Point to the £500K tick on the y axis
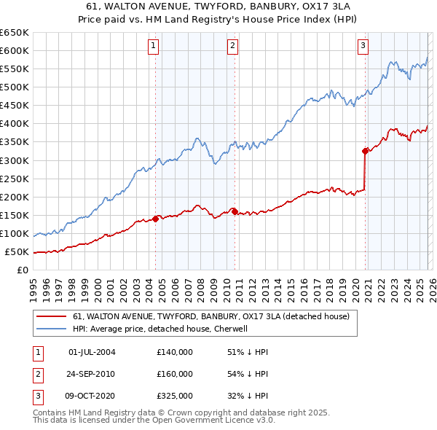point(15,87)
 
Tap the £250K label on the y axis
point(15,179)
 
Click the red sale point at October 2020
point(365,151)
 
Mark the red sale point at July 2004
point(155,219)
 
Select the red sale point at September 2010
point(235,211)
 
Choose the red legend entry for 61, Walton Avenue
point(211,316)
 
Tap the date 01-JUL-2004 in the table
point(92,352)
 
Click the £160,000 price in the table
point(175,374)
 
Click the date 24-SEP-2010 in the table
point(92,374)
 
